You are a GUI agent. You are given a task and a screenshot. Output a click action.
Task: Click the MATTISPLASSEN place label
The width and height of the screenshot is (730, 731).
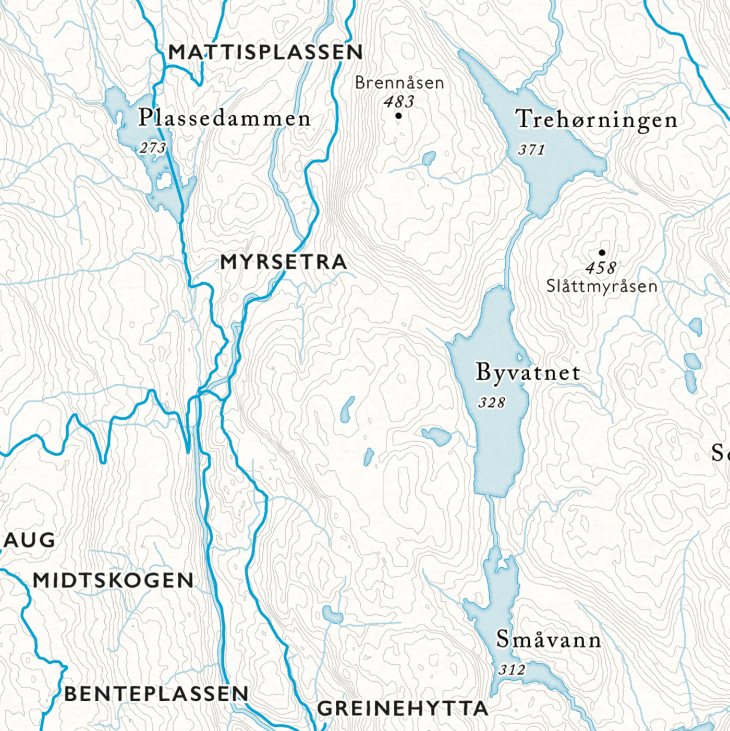click(x=265, y=52)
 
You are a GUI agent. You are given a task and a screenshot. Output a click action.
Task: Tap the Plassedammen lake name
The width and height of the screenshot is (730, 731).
click(x=224, y=118)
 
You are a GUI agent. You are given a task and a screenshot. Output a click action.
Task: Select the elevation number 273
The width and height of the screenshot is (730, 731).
click(x=153, y=148)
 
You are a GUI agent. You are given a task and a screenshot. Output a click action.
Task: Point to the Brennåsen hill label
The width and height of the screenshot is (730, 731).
click(x=399, y=82)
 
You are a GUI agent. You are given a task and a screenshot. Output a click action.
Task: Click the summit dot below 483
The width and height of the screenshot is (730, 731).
click(x=399, y=116)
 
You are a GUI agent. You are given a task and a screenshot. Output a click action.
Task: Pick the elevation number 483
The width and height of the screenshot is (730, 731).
click(x=399, y=101)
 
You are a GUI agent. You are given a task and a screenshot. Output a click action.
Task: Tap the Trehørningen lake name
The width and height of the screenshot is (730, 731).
click(x=597, y=120)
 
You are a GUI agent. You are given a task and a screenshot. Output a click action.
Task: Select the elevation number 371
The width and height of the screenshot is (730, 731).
click(x=531, y=150)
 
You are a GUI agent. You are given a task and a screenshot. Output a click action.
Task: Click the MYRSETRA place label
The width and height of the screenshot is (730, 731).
click(x=284, y=262)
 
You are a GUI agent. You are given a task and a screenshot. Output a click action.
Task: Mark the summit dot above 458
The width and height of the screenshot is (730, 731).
click(x=602, y=253)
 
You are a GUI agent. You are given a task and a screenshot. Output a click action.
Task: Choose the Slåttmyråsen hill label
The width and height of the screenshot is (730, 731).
click(x=602, y=286)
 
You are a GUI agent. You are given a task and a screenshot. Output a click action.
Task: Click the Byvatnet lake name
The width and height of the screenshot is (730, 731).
click(x=528, y=372)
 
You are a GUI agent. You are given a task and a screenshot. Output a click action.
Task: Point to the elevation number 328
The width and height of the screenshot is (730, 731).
click(x=492, y=403)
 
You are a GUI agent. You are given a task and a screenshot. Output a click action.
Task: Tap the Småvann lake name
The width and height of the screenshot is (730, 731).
click(x=549, y=639)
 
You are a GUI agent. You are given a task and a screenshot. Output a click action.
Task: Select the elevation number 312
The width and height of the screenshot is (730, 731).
click(x=512, y=669)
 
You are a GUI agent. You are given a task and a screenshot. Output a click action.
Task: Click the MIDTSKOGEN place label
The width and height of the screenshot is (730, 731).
click(x=113, y=580)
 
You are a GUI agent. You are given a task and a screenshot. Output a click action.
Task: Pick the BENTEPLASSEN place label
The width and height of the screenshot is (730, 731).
click(x=156, y=693)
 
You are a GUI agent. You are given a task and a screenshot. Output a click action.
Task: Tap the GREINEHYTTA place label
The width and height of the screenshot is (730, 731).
click(x=403, y=709)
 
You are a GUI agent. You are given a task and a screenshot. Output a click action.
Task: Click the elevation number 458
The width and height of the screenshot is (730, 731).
click(x=601, y=268)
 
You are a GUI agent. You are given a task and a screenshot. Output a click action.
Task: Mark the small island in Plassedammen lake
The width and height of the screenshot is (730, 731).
click(x=164, y=181)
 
